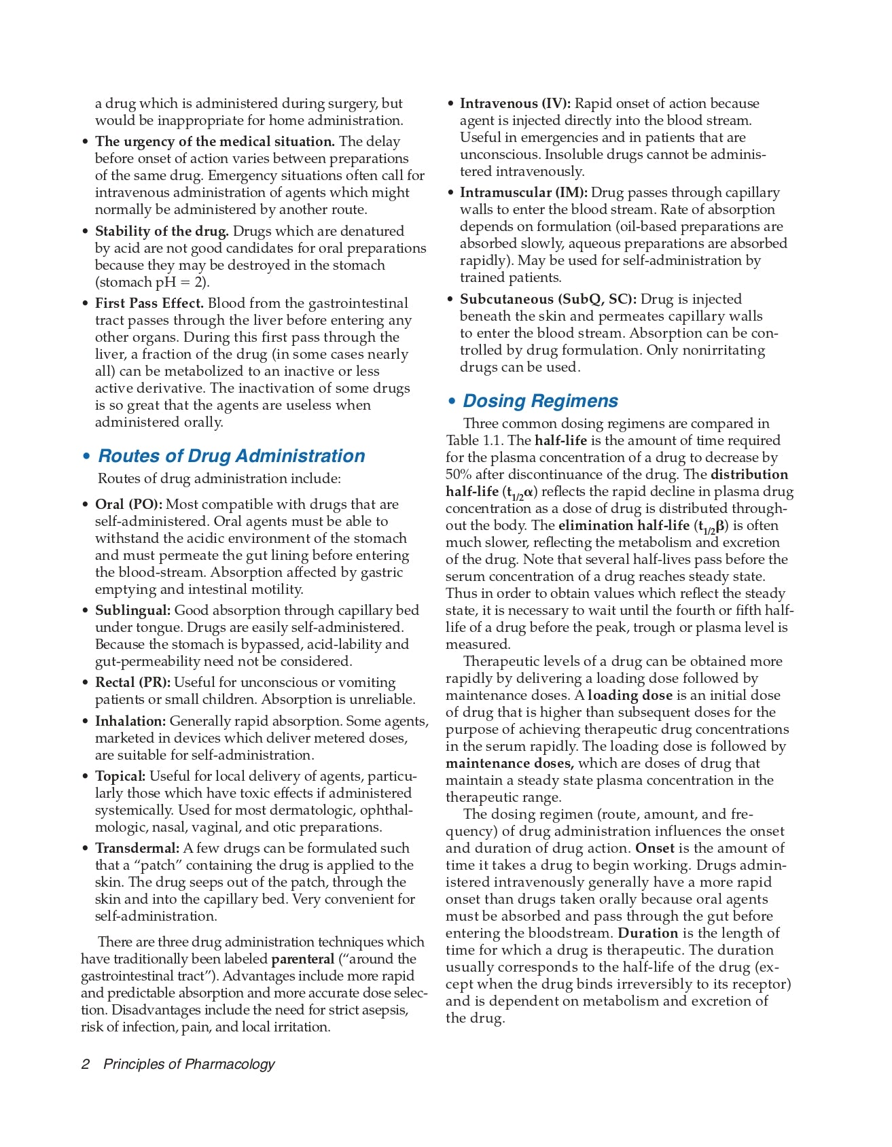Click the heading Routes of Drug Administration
click(x=232, y=456)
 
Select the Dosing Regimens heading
click(x=540, y=401)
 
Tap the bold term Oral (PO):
click(x=128, y=504)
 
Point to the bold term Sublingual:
click(x=132, y=610)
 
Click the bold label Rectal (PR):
click(x=132, y=682)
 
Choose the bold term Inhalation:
click(x=130, y=721)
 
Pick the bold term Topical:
click(x=120, y=776)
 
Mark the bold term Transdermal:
click(x=137, y=848)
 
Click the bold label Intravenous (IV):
click(x=515, y=103)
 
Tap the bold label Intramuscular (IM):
click(x=524, y=192)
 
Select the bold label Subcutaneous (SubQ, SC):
click(x=548, y=299)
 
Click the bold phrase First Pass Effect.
click(x=149, y=303)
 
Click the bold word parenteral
click(x=303, y=959)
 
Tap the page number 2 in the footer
click(x=86, y=1064)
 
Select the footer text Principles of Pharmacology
click(x=189, y=1064)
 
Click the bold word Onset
click(x=654, y=848)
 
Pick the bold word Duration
click(x=646, y=933)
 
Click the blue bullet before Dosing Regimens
click(x=452, y=402)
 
